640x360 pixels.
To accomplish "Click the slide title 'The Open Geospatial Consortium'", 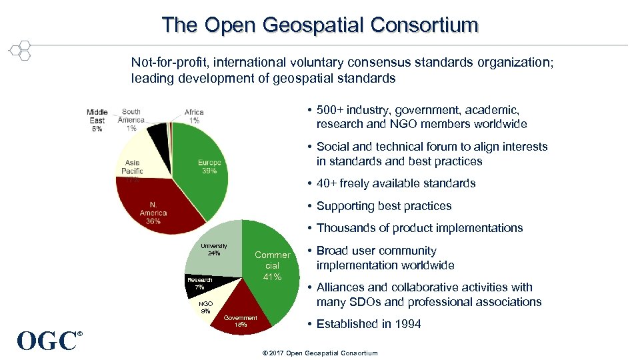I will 320,25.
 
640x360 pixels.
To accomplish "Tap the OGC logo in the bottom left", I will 49,341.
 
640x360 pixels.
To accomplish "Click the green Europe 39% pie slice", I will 203,167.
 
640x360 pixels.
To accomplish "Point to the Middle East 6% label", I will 97,120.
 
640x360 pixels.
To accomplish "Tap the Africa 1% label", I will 194,116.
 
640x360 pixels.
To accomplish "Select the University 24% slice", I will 215,250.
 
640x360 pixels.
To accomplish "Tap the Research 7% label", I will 199,283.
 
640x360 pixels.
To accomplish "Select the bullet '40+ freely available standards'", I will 396,183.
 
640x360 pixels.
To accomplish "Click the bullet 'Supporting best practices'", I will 384,206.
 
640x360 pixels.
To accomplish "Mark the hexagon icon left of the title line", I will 20,50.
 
